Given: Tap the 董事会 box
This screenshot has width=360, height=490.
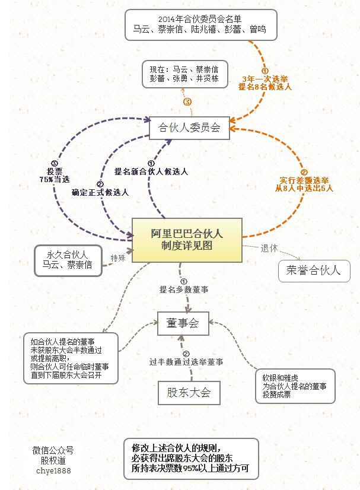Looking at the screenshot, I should (182, 323).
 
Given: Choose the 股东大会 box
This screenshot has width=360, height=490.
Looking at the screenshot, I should (184, 392).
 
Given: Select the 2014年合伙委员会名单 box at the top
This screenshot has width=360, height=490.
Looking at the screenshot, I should (201, 24).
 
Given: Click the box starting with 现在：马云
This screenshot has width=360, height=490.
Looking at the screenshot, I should (184, 74).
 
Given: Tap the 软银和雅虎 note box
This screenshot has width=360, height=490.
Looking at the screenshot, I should (295, 386).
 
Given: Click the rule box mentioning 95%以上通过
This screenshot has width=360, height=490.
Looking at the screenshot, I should (190, 459).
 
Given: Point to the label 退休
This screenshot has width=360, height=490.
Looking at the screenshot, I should (269, 249).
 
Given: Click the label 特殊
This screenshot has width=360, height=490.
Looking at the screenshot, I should (117, 258).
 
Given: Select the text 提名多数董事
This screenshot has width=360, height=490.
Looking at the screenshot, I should (183, 289).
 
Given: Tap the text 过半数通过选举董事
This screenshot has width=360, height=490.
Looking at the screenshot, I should (186, 361).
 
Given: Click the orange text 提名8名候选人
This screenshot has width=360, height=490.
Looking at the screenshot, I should (265, 87).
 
